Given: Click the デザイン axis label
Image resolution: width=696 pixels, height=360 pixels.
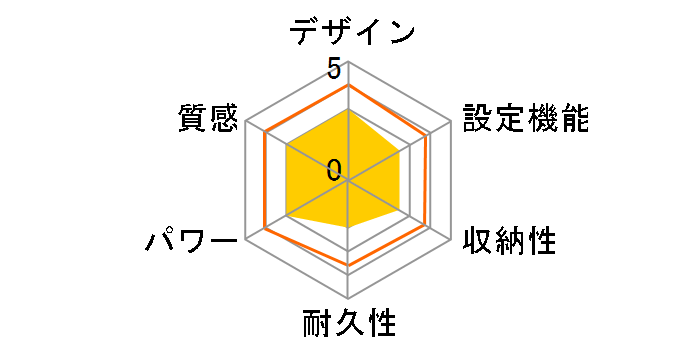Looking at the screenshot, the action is click(x=351, y=33).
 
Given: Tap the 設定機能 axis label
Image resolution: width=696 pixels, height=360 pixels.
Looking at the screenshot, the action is click(x=525, y=119).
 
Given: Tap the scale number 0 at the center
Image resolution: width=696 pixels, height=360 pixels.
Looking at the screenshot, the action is click(x=334, y=168).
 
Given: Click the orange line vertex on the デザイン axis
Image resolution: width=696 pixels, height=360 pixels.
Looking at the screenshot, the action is click(x=348, y=86).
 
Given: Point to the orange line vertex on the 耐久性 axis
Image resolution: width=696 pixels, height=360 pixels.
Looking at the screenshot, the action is click(x=348, y=265).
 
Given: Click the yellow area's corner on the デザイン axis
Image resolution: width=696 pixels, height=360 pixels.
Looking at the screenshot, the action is click(x=348, y=110).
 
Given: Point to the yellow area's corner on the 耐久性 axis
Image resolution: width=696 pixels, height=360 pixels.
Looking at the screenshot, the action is click(x=348, y=227).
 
